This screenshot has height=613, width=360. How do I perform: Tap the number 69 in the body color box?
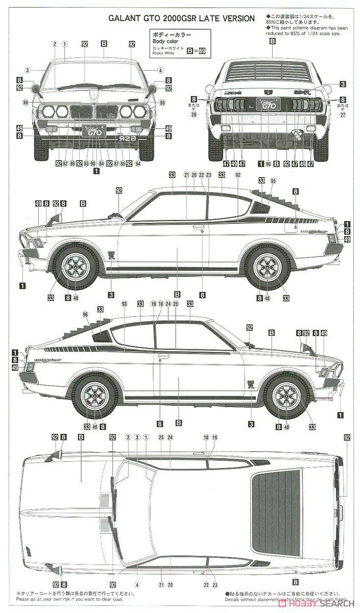202,51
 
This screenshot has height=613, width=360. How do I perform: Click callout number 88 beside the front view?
26,103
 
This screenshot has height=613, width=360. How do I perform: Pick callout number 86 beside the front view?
162,103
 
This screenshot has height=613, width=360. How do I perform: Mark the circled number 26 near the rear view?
194,114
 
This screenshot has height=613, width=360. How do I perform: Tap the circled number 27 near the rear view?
343,114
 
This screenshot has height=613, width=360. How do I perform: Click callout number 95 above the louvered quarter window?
273,181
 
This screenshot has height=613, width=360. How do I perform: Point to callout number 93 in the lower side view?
124,304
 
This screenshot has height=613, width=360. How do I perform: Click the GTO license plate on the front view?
93,131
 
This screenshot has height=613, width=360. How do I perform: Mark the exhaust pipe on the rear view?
295,134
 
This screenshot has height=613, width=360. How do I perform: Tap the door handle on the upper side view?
199,226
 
